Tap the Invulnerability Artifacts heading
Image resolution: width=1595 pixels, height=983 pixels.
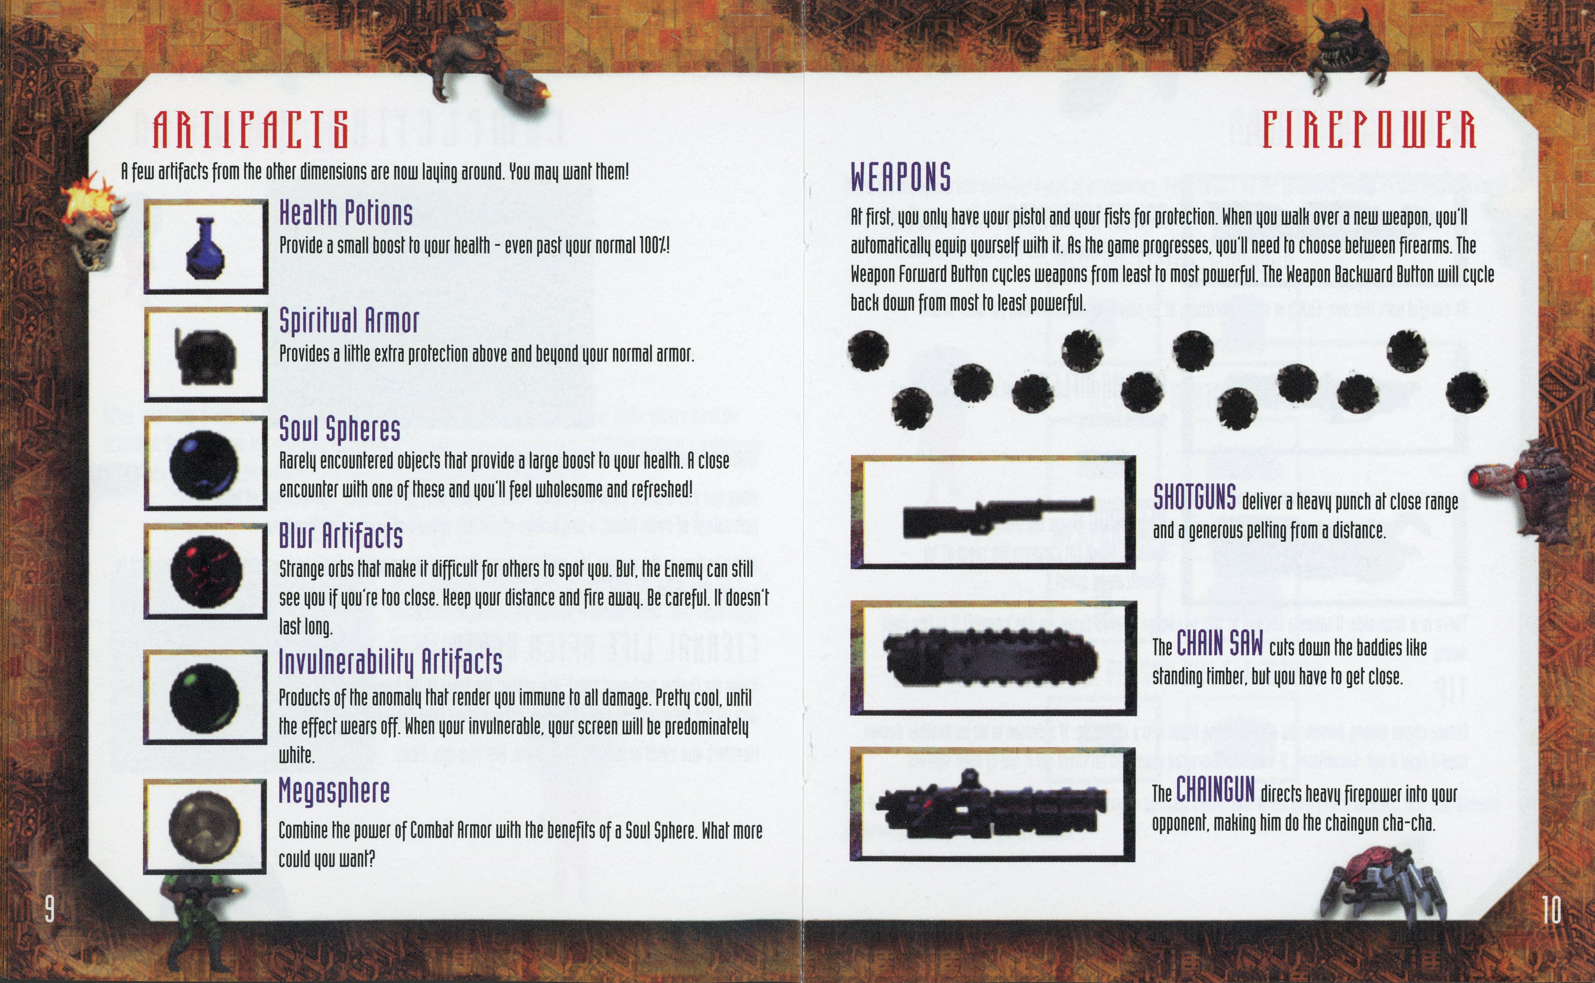pyautogui.click(x=390, y=662)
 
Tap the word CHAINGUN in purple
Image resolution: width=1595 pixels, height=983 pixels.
pyautogui.click(x=1215, y=790)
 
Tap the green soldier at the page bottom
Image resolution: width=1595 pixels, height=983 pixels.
pyautogui.click(x=195, y=910)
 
